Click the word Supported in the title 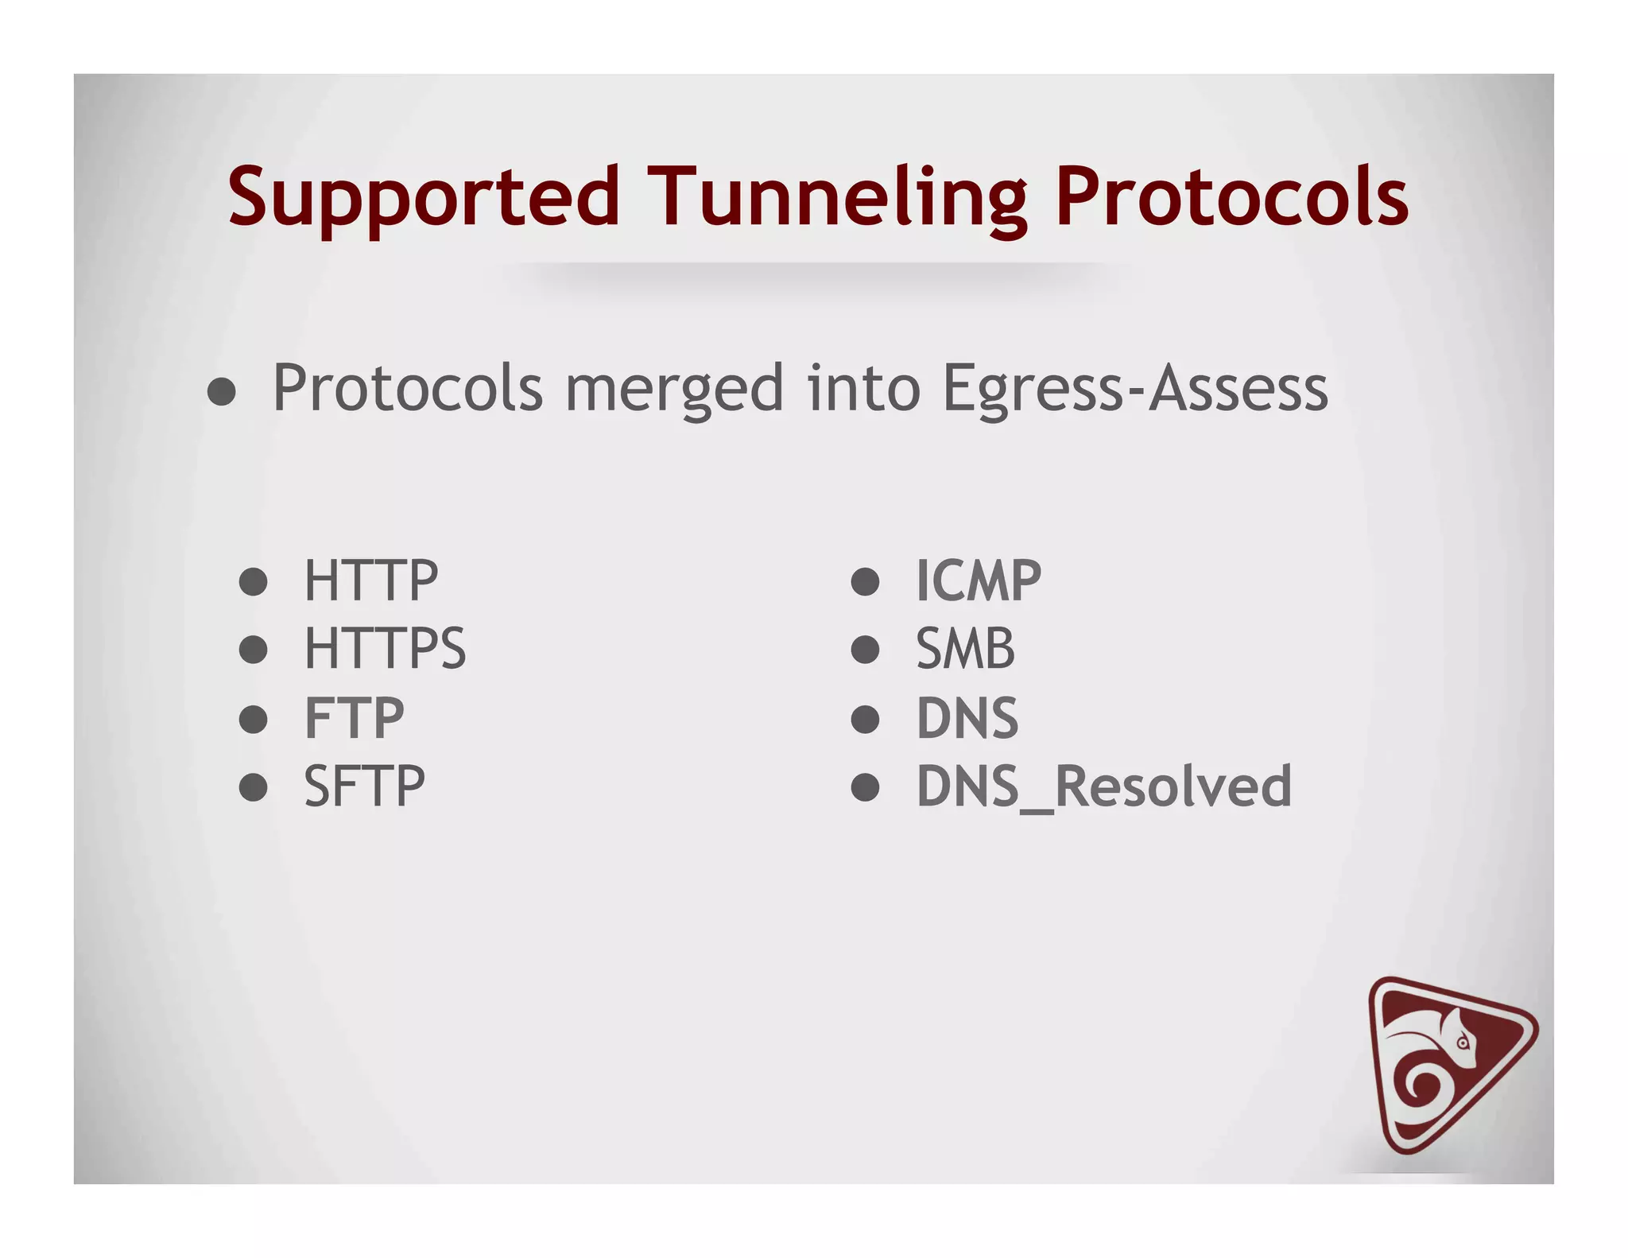tap(423, 196)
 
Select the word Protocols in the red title tap(1231, 196)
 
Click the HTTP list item tap(370, 580)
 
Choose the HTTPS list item tap(385, 649)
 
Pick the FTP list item tap(355, 718)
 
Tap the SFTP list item tap(365, 786)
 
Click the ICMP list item tap(979, 580)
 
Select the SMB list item tap(966, 649)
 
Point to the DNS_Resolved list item tap(1104, 786)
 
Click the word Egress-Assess tap(1135, 389)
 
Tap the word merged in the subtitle tap(674, 389)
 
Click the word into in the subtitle tap(864, 389)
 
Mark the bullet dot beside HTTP tap(253, 581)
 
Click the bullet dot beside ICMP tap(865, 581)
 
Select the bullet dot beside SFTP tap(253, 787)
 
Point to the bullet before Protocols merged tap(222, 391)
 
